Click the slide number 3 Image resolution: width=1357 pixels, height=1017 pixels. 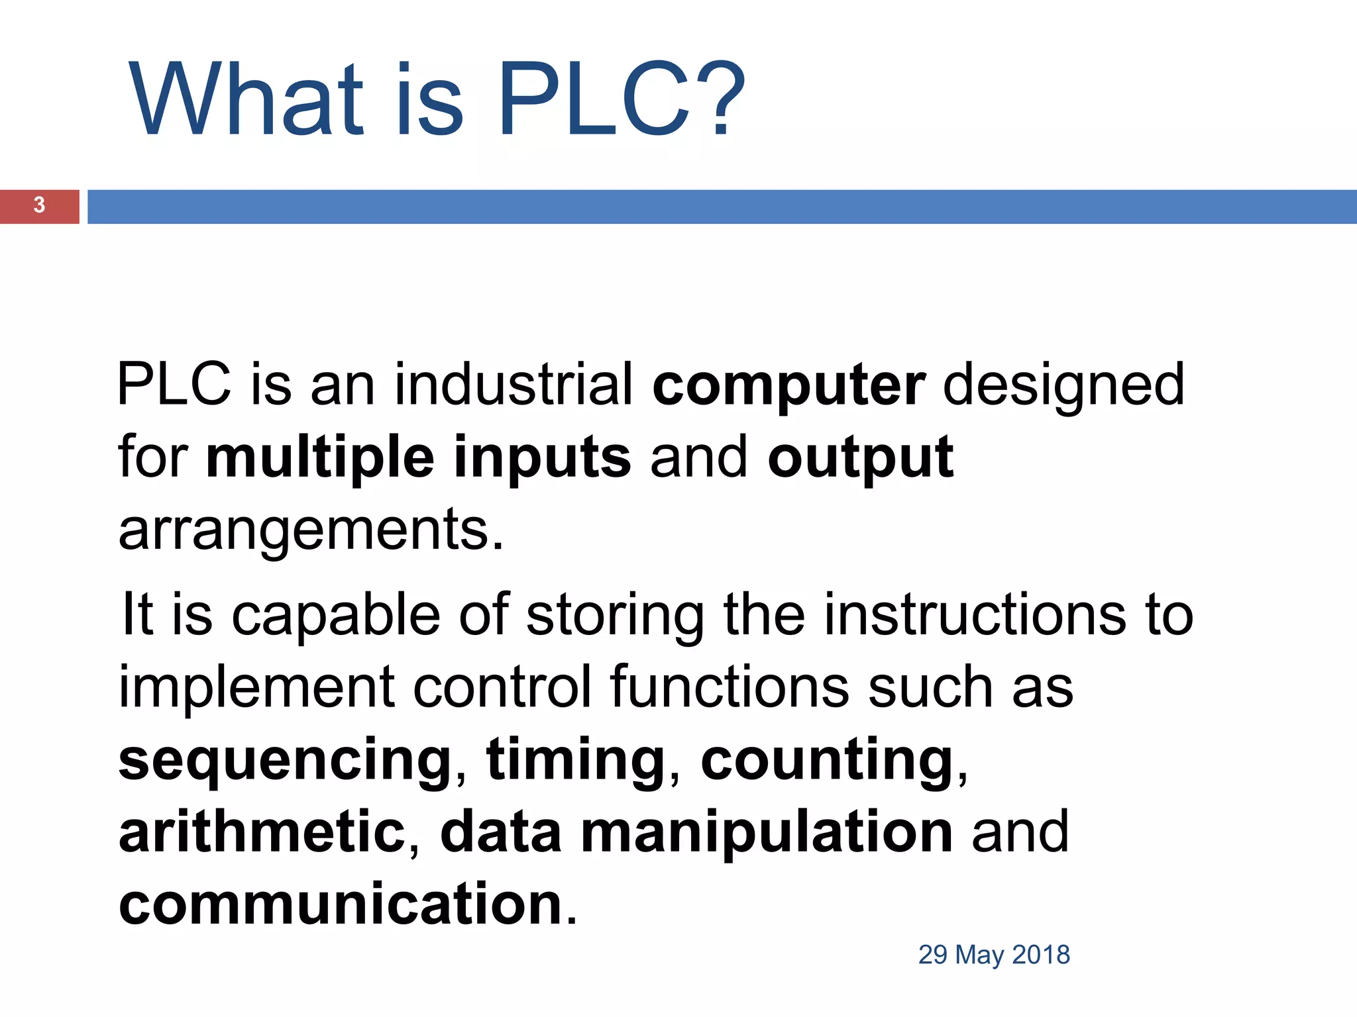point(39,205)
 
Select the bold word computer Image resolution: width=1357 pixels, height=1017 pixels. point(788,386)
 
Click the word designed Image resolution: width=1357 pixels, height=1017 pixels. point(1063,386)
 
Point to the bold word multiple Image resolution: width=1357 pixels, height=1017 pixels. point(320,458)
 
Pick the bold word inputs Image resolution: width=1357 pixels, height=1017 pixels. point(542,458)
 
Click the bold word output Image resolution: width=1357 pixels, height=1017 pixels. point(860,458)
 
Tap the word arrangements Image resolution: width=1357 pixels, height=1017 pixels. point(310,531)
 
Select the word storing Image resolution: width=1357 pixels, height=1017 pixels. point(615,616)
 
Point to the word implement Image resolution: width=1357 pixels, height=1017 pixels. point(257,689)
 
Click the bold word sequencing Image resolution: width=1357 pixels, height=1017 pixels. point(286,761)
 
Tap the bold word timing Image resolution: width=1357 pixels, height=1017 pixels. point(576,761)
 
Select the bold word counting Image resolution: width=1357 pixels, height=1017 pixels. point(827,761)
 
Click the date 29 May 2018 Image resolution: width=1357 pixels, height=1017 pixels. point(994,955)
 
